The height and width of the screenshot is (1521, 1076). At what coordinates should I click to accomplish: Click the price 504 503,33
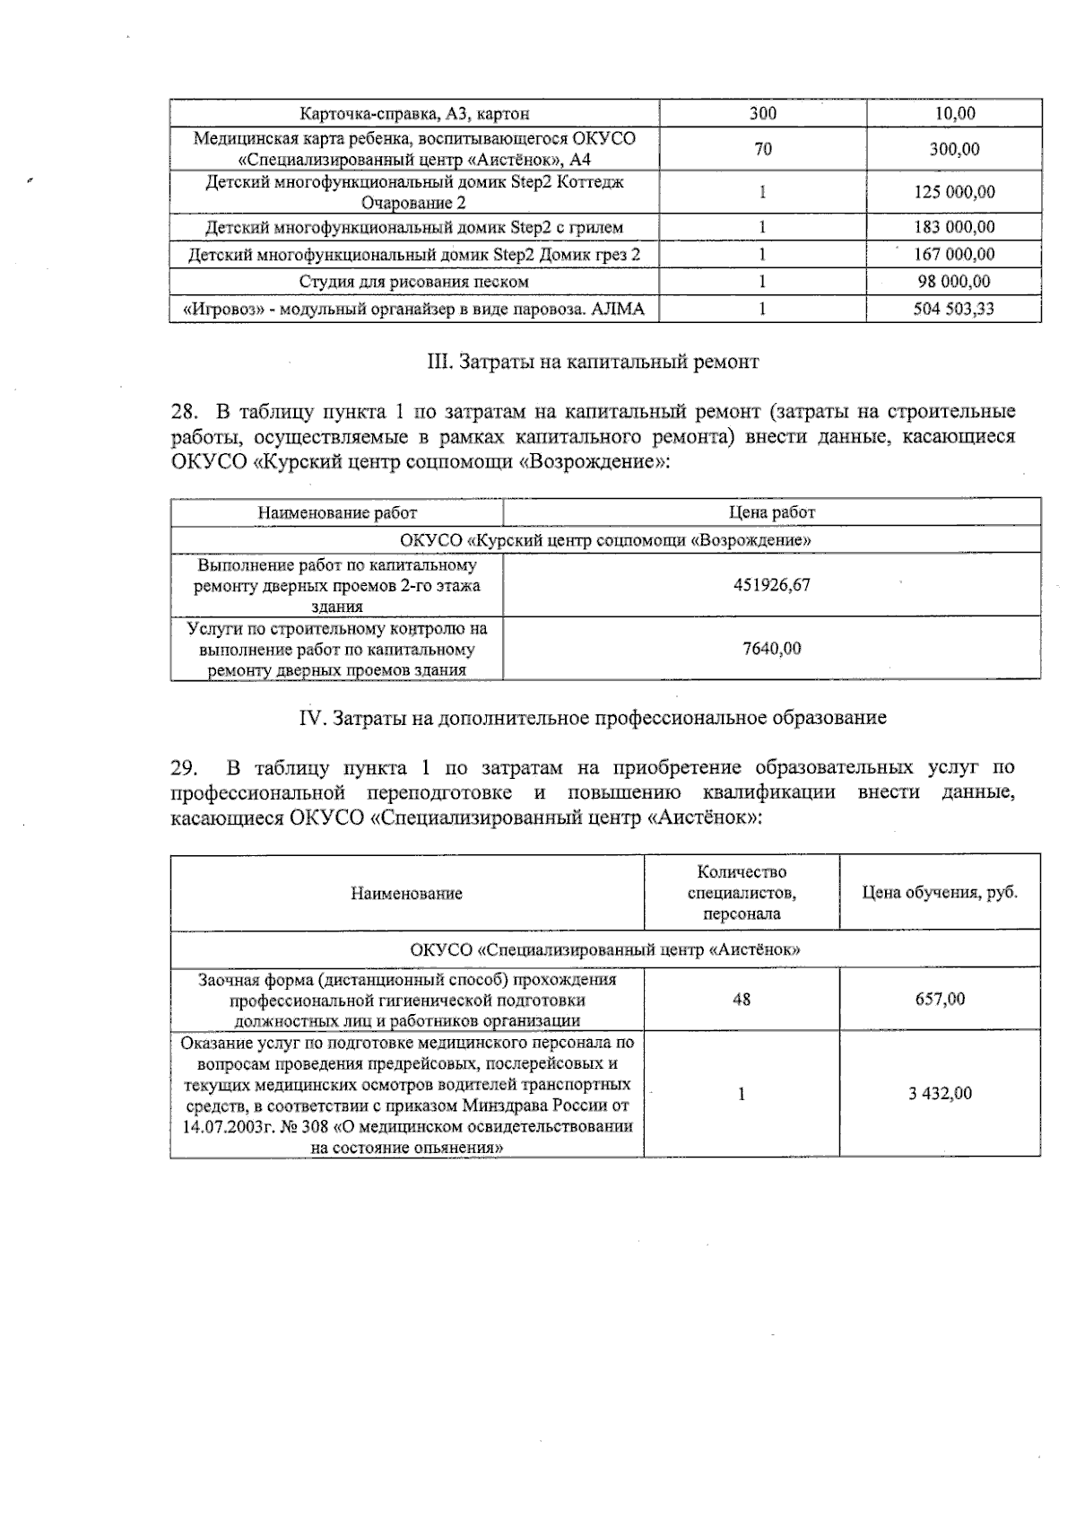pyautogui.click(x=953, y=310)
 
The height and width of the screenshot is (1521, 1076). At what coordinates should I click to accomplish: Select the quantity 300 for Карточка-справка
pyautogui.click(x=763, y=113)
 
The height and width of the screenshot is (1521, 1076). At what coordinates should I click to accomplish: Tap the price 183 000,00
pyautogui.click(x=953, y=227)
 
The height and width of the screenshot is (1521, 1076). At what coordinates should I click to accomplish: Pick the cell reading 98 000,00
pyautogui.click(x=953, y=282)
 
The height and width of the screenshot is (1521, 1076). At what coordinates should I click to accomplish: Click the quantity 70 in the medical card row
pyautogui.click(x=763, y=149)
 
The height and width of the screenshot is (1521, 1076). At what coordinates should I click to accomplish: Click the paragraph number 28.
pyautogui.click(x=183, y=412)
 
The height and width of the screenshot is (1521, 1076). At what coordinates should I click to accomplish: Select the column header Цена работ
pyautogui.click(x=772, y=512)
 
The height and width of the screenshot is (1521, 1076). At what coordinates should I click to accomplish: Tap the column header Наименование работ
pyautogui.click(x=337, y=512)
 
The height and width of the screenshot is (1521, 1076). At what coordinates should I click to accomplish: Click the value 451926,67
pyautogui.click(x=772, y=584)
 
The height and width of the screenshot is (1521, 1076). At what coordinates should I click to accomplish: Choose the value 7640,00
pyautogui.click(x=772, y=648)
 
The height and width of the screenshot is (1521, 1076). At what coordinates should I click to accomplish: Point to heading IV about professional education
pyautogui.click(x=592, y=718)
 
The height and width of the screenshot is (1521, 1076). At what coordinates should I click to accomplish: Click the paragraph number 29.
pyautogui.click(x=183, y=768)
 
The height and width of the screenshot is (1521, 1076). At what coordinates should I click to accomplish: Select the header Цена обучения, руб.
pyautogui.click(x=940, y=893)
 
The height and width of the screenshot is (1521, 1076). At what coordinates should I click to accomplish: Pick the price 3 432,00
pyautogui.click(x=940, y=1094)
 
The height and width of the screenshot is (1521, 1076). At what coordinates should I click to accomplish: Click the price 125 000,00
pyautogui.click(x=953, y=192)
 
